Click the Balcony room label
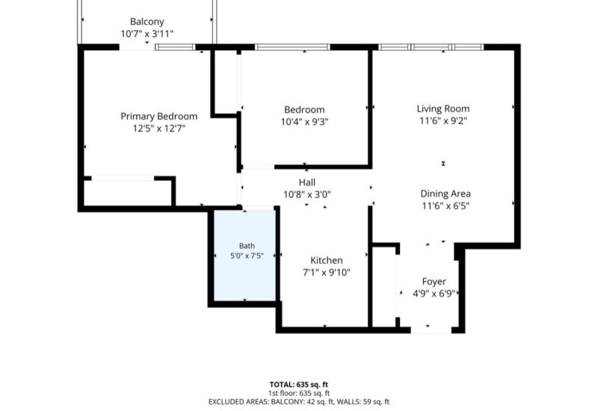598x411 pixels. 147,22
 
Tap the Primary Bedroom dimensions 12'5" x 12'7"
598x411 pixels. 159,129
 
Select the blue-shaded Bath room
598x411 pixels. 244,255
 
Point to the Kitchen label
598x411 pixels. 327,260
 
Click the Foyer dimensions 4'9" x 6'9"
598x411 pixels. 434,294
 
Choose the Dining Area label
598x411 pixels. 446,194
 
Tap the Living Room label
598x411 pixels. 443,108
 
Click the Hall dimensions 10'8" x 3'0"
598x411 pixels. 307,195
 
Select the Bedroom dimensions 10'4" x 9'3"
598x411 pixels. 305,122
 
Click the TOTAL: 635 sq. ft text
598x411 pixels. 299,384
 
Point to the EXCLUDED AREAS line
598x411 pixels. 299,401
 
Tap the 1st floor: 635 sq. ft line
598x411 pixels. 299,393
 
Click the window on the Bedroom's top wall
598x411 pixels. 292,47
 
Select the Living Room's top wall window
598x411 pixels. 431,47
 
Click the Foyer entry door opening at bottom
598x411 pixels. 431,330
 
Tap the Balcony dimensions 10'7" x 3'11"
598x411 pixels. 147,34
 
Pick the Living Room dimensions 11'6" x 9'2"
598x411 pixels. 443,121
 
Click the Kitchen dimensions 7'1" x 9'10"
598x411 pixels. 327,273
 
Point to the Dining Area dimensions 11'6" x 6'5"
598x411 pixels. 446,206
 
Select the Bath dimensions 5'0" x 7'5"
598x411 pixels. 247,256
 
